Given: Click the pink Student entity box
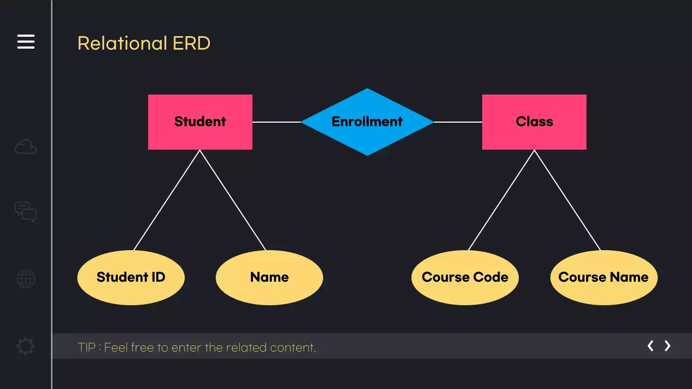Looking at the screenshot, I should [200, 122].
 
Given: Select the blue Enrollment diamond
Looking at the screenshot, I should [367, 122].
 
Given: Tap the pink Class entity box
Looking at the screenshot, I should [534, 122].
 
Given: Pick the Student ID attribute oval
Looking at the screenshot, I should [131, 277].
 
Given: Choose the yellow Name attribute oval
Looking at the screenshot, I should [269, 277].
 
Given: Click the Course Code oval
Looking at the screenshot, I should [465, 277].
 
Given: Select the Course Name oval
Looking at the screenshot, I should [603, 277].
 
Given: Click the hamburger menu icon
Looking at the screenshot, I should [26, 42].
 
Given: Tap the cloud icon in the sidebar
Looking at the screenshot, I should [26, 146].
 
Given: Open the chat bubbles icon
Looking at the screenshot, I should [26, 212].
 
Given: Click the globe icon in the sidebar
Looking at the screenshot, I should [26, 279].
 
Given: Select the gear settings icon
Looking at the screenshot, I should [26, 346].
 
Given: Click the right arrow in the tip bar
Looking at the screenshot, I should [668, 346].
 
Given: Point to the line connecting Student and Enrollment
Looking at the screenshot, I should [276, 122].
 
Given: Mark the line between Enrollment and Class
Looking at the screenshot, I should [458, 122].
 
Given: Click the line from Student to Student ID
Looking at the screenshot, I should [167, 200].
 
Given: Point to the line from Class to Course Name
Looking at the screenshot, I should [567, 200].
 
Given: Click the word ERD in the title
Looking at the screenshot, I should [191, 43].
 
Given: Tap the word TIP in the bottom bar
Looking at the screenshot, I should [86, 347].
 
